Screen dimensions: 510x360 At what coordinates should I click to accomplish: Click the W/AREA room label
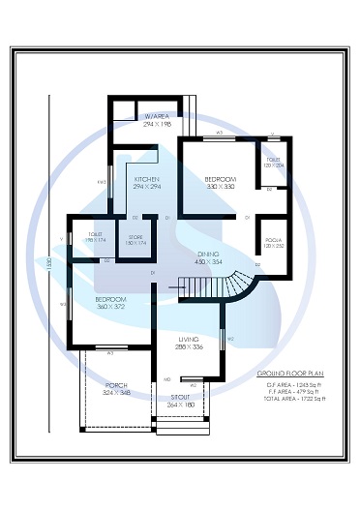click(x=156, y=116)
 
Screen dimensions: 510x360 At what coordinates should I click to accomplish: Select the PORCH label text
click(x=116, y=385)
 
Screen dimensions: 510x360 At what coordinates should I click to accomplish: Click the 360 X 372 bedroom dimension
click(x=109, y=307)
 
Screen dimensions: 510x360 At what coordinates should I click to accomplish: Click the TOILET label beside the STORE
click(x=95, y=234)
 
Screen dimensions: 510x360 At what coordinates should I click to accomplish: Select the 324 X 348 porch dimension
click(x=116, y=393)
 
